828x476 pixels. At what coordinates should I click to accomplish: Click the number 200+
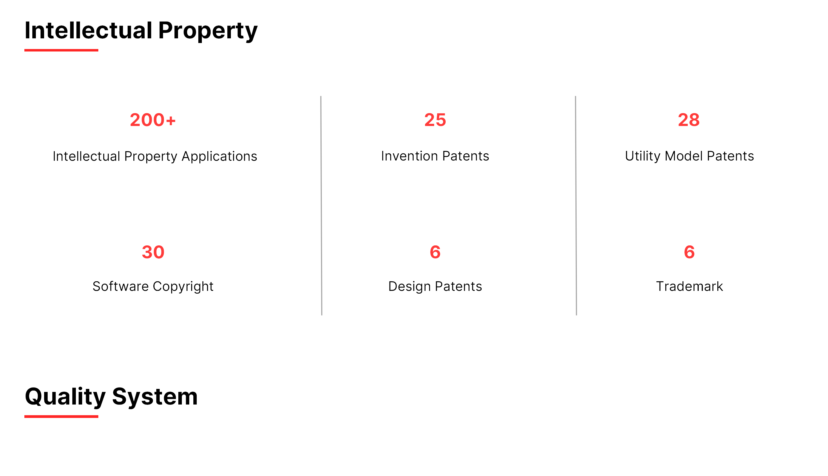(153, 120)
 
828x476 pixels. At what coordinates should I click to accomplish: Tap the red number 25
(435, 120)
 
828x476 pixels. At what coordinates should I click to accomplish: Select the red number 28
(689, 120)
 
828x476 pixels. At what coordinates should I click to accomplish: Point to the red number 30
(153, 252)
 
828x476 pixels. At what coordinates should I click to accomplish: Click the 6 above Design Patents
(435, 252)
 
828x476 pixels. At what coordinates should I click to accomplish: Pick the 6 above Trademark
(689, 252)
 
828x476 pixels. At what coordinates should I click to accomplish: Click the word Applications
(219, 157)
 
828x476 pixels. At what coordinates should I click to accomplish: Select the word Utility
(643, 156)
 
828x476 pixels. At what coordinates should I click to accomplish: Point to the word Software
(121, 286)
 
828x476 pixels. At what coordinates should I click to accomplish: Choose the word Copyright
(183, 287)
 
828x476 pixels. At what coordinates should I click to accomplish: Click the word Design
(409, 287)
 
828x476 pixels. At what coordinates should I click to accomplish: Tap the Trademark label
(689, 286)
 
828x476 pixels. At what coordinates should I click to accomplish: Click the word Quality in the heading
(65, 397)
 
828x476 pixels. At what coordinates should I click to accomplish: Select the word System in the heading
(155, 397)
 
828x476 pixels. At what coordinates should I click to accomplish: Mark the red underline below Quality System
(61, 417)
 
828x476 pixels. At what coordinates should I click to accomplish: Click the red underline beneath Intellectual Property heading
(61, 50)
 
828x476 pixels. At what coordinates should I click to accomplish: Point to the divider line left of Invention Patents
(321, 206)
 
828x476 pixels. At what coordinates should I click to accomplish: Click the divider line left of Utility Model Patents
(576, 206)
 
